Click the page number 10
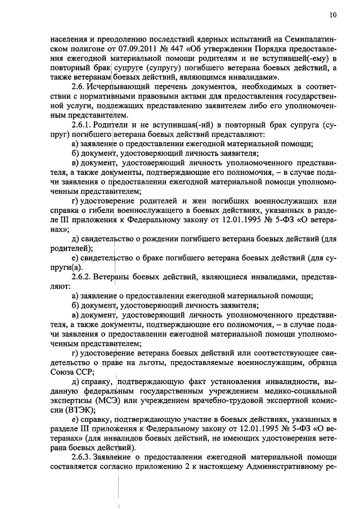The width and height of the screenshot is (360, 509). point(334,15)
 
